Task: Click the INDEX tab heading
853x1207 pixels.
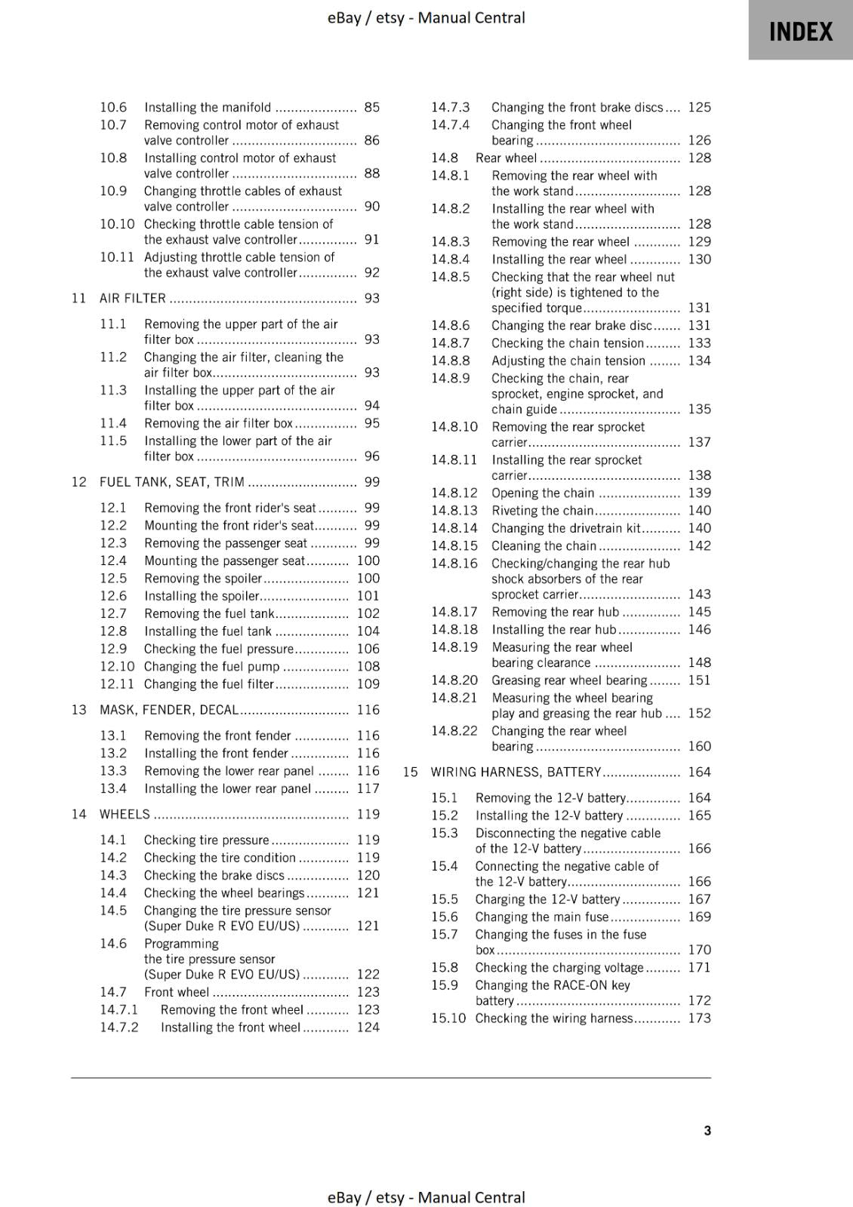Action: tap(800, 32)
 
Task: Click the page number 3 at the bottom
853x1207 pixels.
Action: tap(707, 1130)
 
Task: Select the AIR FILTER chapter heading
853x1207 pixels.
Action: tap(133, 298)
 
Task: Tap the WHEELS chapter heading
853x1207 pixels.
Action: tap(125, 814)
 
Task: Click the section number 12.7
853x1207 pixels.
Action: tap(113, 613)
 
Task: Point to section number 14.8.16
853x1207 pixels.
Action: tap(454, 564)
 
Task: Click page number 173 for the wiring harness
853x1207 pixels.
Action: tap(699, 1018)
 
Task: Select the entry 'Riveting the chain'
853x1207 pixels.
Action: tap(542, 510)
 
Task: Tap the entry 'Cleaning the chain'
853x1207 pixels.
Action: tap(544, 545)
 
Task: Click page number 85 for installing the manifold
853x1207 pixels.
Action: tap(371, 107)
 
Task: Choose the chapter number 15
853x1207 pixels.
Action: tap(410, 772)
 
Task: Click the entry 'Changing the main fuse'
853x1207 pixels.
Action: tap(541, 917)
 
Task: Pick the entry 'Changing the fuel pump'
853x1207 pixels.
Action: tap(211, 666)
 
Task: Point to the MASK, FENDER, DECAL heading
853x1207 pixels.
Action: tap(169, 709)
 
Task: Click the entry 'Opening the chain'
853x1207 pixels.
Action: tap(543, 493)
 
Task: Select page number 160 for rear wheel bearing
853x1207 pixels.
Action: tap(699, 746)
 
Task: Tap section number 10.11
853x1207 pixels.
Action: tap(117, 257)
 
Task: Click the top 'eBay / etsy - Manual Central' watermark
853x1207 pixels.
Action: tap(426, 17)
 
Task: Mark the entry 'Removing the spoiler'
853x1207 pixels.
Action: tap(202, 578)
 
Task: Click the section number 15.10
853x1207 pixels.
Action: tap(448, 1018)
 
